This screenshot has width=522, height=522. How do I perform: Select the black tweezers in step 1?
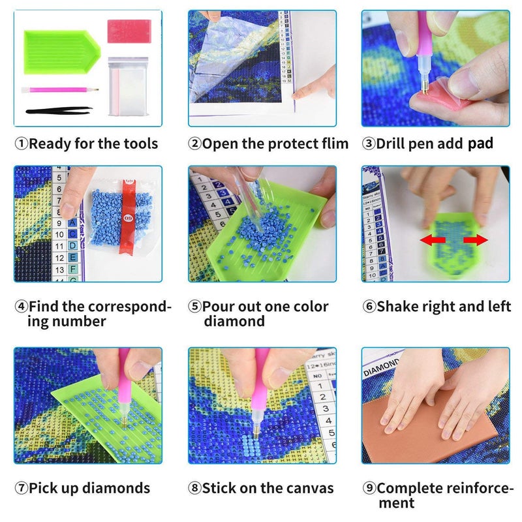[56, 112]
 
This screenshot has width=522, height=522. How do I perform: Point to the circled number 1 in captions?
[21, 144]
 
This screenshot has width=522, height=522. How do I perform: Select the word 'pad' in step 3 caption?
[480, 144]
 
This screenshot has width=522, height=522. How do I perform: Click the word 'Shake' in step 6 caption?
[399, 306]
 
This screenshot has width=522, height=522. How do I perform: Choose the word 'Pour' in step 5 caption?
[219, 307]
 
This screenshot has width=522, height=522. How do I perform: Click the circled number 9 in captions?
[369, 488]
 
